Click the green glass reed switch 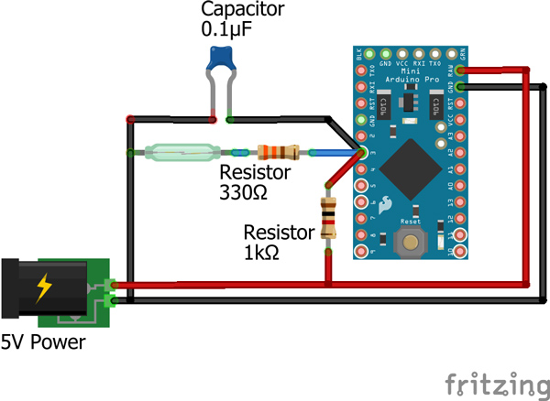180,152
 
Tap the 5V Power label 43,343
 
